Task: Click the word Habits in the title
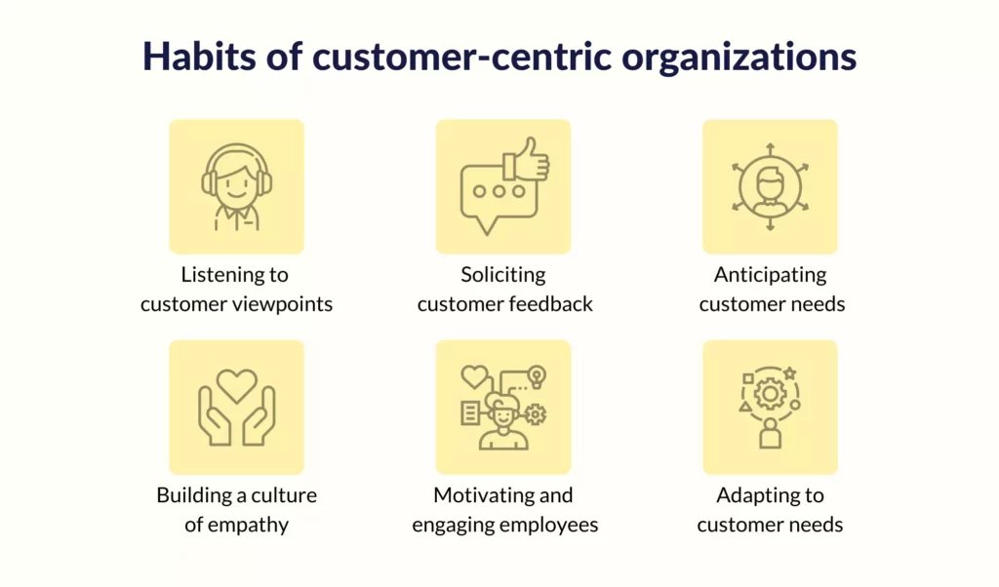coord(199,56)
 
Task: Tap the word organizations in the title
coord(739,59)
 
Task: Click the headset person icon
coord(236,186)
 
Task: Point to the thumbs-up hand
coord(526,159)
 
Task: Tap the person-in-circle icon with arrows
coord(771,187)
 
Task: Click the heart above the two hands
coord(236,385)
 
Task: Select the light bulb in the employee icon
coord(538,376)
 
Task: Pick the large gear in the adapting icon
coord(771,394)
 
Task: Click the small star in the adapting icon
coord(789,373)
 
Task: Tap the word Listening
coord(217,275)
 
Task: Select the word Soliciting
coord(503,275)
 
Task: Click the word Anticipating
coord(771,275)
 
